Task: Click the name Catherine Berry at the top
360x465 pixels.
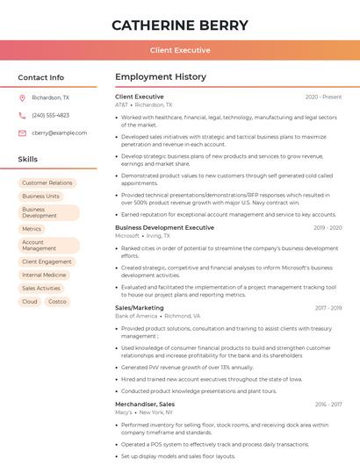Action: point(180,25)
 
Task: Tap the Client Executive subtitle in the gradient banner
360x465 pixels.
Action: point(180,50)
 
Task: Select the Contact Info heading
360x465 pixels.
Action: point(40,77)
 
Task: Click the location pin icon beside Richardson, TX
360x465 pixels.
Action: point(22,98)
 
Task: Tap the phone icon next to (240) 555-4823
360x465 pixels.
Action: point(22,116)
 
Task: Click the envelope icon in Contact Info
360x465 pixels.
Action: point(22,133)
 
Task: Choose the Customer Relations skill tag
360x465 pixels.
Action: point(47,183)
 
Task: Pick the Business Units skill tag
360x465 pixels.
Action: point(41,197)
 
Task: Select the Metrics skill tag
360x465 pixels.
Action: point(32,229)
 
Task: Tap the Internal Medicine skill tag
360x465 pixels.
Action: point(44,275)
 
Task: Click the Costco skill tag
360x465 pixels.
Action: point(57,301)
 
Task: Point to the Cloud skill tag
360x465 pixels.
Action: point(30,301)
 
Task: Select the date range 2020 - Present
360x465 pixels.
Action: point(323,97)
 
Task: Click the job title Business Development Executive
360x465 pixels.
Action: point(164,227)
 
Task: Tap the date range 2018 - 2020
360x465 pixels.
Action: point(326,227)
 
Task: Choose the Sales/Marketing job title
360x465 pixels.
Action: point(140,308)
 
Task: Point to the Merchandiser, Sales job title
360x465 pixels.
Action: point(145,404)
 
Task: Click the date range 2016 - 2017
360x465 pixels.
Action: point(328,404)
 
